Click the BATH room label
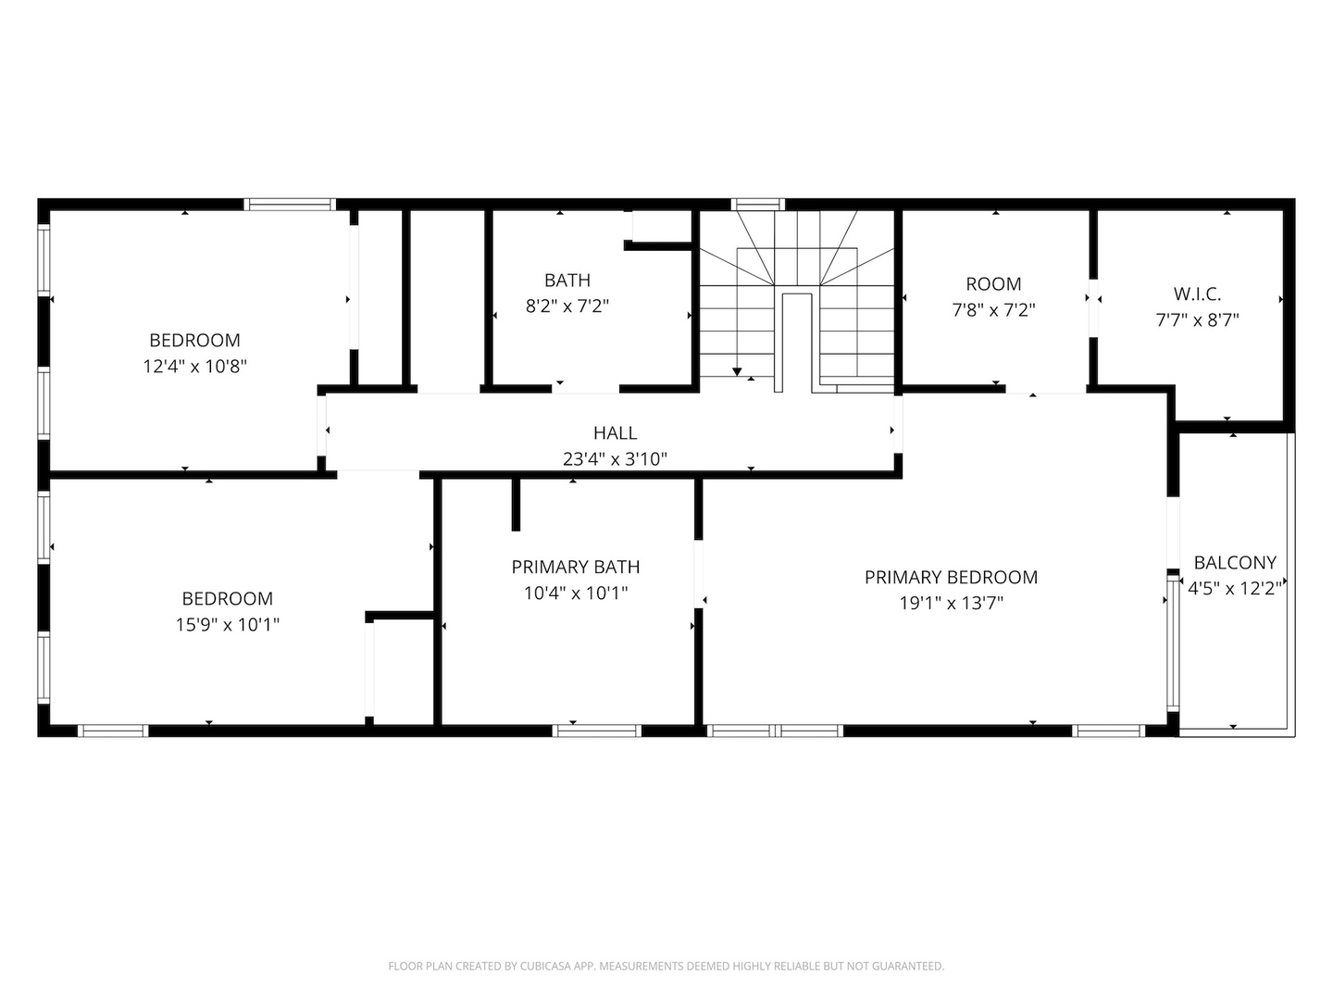(567, 281)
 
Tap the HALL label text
(616, 433)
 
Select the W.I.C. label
(1197, 294)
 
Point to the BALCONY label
(1235, 563)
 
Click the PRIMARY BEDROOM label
(951, 578)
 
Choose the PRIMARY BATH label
(576, 567)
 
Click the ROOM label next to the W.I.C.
(993, 284)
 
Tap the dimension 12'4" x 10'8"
(195, 367)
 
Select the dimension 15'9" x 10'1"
(228, 625)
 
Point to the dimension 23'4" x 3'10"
(616, 459)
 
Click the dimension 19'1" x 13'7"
(951, 604)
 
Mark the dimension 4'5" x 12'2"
(1235, 589)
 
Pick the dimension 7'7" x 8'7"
(1197, 320)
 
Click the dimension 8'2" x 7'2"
(567, 306)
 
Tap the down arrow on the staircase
(737, 371)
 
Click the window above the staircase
(757, 205)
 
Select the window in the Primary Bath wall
(597, 731)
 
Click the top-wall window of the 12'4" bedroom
(291, 205)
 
